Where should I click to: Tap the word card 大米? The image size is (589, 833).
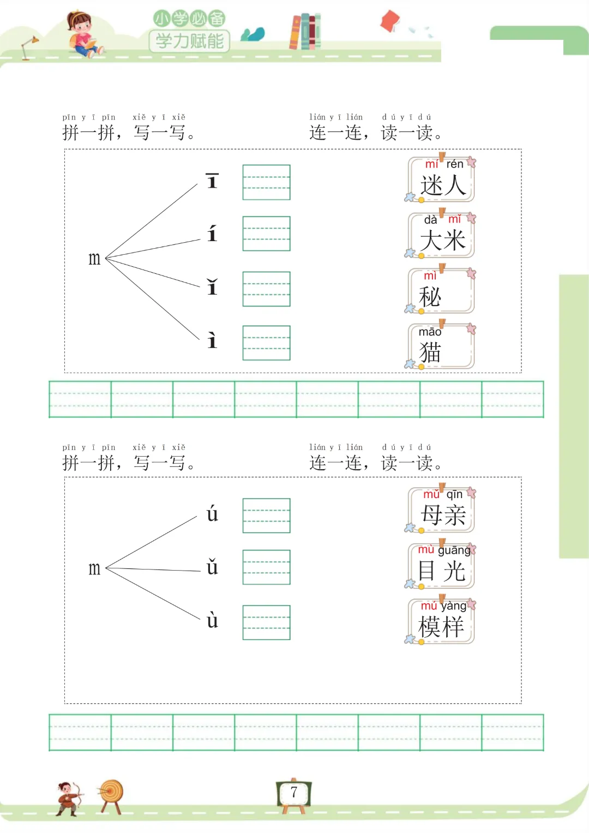(x=442, y=236)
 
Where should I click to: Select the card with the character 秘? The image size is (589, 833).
(x=442, y=291)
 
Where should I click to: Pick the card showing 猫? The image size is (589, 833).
(x=442, y=346)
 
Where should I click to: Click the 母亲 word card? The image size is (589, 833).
(x=442, y=511)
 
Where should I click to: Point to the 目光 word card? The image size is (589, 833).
(x=442, y=566)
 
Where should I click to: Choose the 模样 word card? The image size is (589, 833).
(x=442, y=622)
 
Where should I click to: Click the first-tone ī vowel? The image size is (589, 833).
(x=212, y=181)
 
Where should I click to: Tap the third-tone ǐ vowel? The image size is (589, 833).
(x=212, y=287)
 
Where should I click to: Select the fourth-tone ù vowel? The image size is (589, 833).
(x=212, y=620)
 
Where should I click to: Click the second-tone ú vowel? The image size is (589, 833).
(x=212, y=514)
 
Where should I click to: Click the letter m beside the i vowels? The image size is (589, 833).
(x=94, y=259)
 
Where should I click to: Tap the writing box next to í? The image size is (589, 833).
(x=266, y=233)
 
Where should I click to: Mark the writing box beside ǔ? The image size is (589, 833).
(x=266, y=567)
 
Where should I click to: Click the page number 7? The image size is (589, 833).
(x=294, y=792)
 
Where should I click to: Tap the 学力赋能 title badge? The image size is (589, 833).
(x=189, y=40)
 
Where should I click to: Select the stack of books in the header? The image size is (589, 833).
(x=305, y=31)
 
